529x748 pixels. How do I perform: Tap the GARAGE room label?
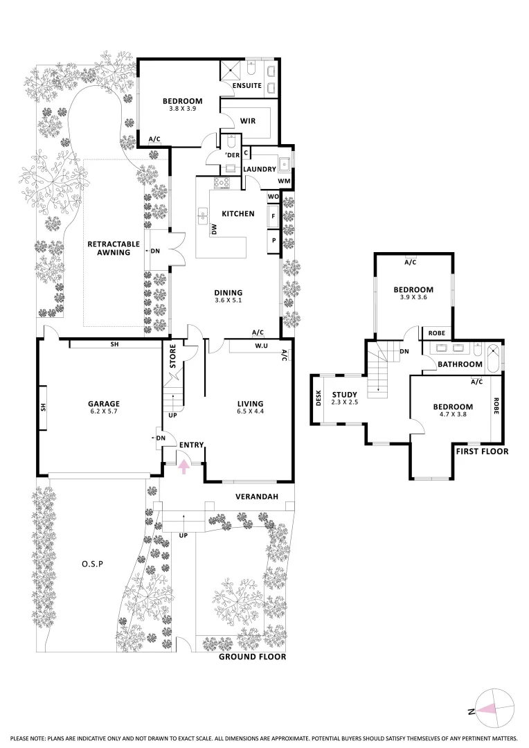[x=104, y=404]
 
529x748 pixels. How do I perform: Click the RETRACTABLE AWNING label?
[x=114, y=248]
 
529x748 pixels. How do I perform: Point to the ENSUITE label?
[x=246, y=86]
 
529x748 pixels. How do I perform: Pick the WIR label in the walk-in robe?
[x=249, y=121]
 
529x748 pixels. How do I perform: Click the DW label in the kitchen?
[x=215, y=229]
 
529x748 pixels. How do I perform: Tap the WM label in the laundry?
[x=284, y=181]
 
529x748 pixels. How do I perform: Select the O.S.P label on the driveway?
[x=91, y=564]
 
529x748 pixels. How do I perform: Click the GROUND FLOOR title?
[x=252, y=657]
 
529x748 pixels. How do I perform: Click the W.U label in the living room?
[x=261, y=346]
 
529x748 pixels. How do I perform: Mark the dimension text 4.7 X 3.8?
[x=453, y=416]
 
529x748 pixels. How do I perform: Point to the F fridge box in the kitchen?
[x=274, y=216]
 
